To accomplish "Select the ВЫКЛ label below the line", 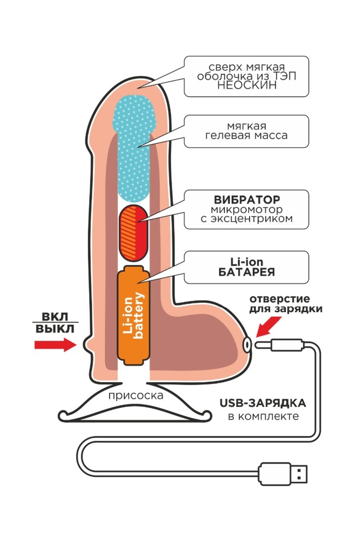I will pyautogui.click(x=55, y=329).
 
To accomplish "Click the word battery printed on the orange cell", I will pyautogui.click(x=139, y=316).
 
